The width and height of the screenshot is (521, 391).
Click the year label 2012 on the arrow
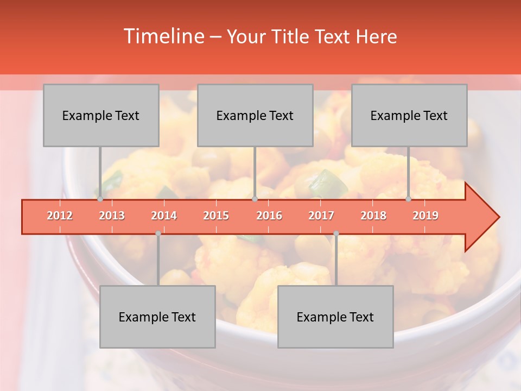point(60,216)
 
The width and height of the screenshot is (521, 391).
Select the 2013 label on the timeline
point(112,216)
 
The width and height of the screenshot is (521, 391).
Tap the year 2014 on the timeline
point(164,216)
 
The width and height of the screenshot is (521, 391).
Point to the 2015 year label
point(216,216)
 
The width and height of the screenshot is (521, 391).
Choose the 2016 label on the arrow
point(269,216)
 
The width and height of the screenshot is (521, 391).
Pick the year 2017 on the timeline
point(321,216)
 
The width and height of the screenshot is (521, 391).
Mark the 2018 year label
point(373,216)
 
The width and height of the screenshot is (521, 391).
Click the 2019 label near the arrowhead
point(425,216)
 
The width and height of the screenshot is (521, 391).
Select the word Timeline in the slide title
point(163,36)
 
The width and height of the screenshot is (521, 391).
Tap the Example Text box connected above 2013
point(101,115)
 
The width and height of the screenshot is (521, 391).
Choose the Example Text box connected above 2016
point(255,115)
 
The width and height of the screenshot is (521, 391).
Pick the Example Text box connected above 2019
point(409,115)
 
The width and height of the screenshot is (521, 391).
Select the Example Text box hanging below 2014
point(157,317)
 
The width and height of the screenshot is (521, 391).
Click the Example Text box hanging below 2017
point(335,317)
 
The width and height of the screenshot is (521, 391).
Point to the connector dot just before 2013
point(100,199)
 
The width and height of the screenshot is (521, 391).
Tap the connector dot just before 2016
point(255,199)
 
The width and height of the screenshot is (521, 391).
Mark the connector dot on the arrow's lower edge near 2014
point(158,234)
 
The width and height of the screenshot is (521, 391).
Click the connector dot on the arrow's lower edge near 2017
point(336,234)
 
